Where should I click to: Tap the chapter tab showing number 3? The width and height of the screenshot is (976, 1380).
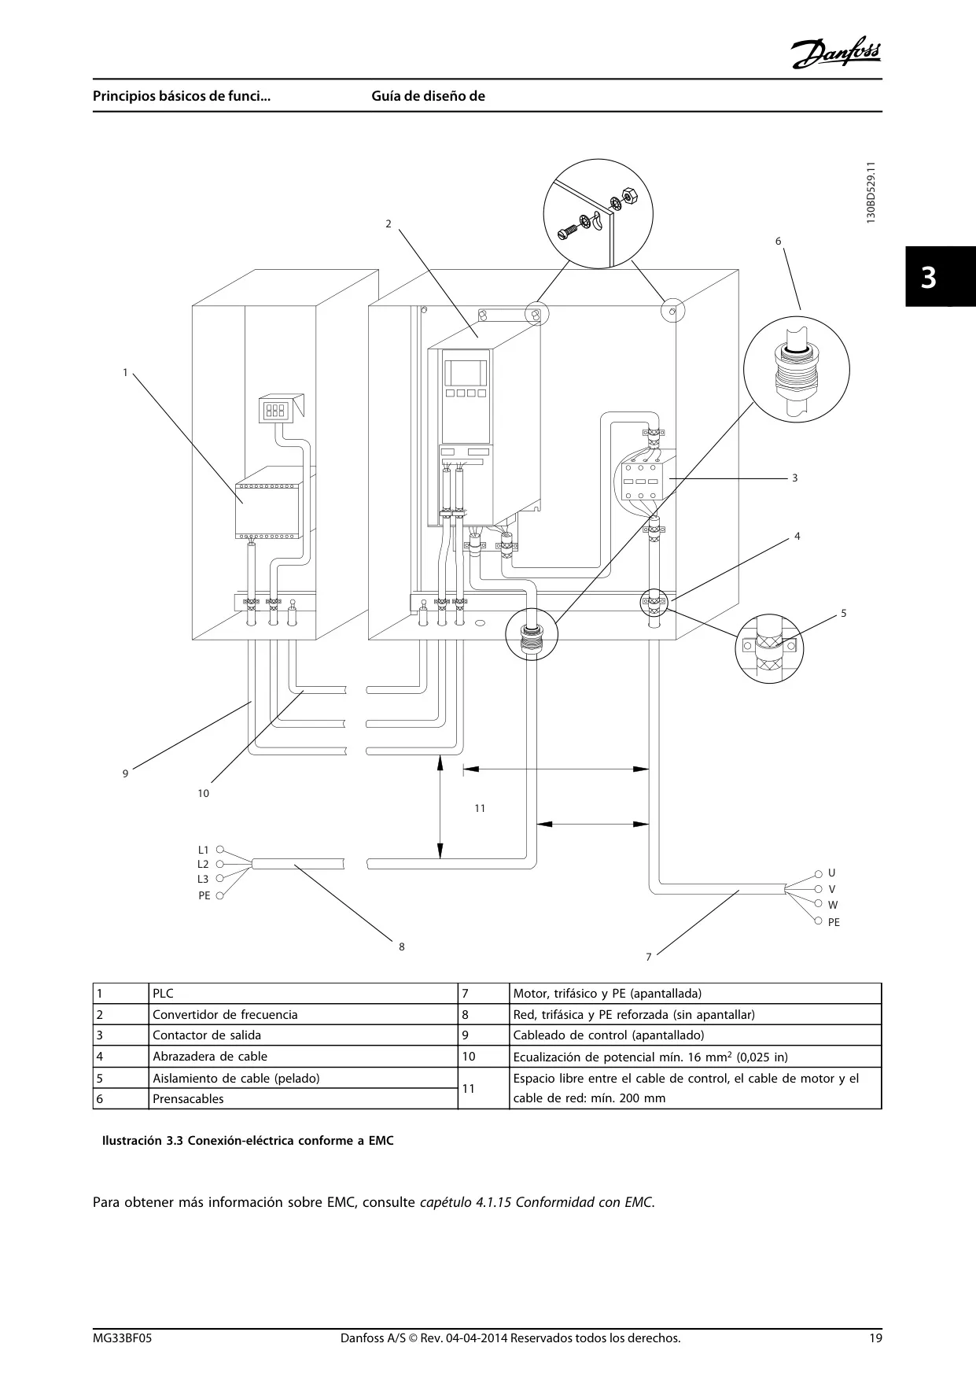(940, 276)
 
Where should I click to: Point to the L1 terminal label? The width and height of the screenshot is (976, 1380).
(203, 850)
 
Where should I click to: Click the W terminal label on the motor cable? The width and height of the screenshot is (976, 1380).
(833, 905)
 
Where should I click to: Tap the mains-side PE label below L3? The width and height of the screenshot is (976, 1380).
(204, 895)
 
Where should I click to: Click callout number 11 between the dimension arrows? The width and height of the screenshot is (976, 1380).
(480, 808)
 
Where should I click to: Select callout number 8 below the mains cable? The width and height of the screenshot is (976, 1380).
(402, 946)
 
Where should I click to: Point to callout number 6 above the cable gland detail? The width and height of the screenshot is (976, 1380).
(779, 241)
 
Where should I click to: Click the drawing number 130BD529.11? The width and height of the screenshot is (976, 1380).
(870, 194)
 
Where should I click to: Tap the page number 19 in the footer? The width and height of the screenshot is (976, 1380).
(875, 1338)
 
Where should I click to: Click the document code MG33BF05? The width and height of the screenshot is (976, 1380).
(122, 1338)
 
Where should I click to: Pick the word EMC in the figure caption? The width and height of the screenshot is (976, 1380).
(381, 1141)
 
